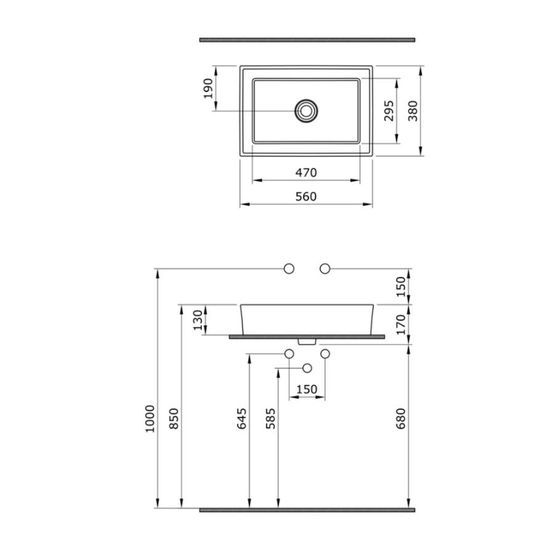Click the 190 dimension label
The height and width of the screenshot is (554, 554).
click(x=209, y=88)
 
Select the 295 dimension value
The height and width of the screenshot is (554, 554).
click(x=389, y=111)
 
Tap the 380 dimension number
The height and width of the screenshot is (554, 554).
click(x=412, y=111)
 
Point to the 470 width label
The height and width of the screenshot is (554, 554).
click(x=306, y=173)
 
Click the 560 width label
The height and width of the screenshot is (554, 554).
click(x=306, y=196)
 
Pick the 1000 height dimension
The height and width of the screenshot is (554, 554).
click(x=150, y=419)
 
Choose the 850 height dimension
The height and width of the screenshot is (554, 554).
click(x=174, y=419)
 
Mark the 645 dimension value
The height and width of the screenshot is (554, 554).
click(x=242, y=419)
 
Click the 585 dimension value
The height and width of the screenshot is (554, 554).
click(x=271, y=419)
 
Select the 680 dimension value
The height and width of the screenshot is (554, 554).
click(x=401, y=419)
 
